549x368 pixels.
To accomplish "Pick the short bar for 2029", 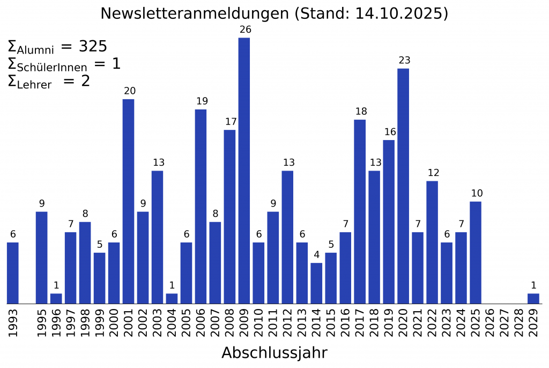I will [533, 298].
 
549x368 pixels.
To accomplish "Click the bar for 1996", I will [56, 298].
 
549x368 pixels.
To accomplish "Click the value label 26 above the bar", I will [244, 30].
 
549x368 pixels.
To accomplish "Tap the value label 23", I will [403, 60].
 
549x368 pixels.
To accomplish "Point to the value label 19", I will [201, 101].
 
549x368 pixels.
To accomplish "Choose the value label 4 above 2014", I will [316, 255].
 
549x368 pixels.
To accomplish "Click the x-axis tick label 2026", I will [491, 322].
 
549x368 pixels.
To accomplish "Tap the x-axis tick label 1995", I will [42, 322].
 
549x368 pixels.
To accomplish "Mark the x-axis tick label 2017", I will [360, 322].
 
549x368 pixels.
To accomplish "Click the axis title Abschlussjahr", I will [274, 353].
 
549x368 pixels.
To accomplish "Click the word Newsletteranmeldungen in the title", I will [195, 13].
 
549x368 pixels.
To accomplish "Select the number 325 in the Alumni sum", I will [93, 47].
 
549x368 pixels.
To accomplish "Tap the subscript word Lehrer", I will [34, 85].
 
